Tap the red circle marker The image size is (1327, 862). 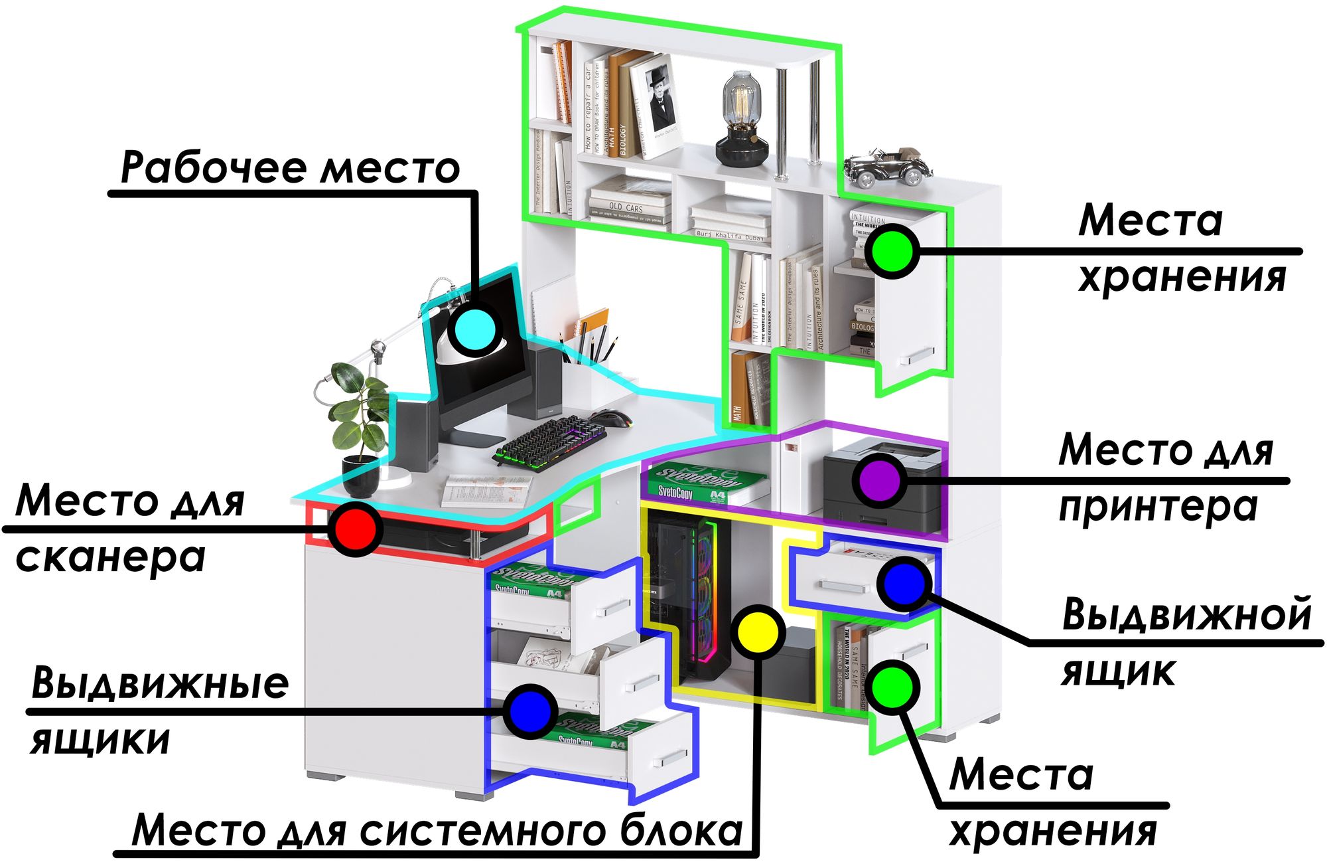[356, 529]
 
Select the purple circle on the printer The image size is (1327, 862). [880, 479]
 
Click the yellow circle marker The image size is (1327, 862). [758, 632]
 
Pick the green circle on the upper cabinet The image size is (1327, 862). [893, 251]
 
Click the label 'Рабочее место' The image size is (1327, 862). [290, 167]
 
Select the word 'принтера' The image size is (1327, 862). [1158, 507]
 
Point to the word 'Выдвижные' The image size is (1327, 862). [160, 682]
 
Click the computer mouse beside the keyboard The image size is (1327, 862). [611, 418]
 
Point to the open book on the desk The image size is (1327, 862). [486, 490]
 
